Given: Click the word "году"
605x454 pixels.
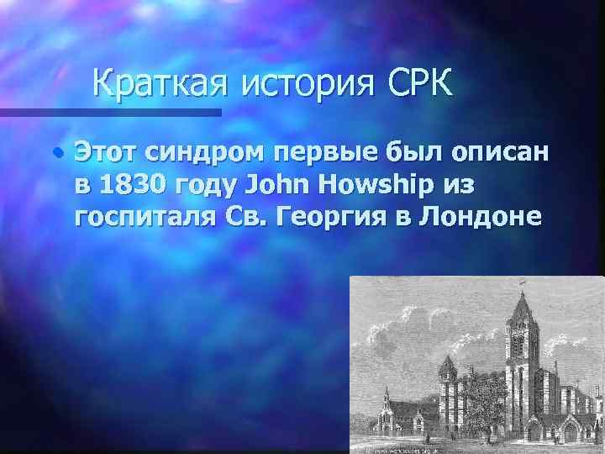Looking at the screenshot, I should click(x=207, y=185).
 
